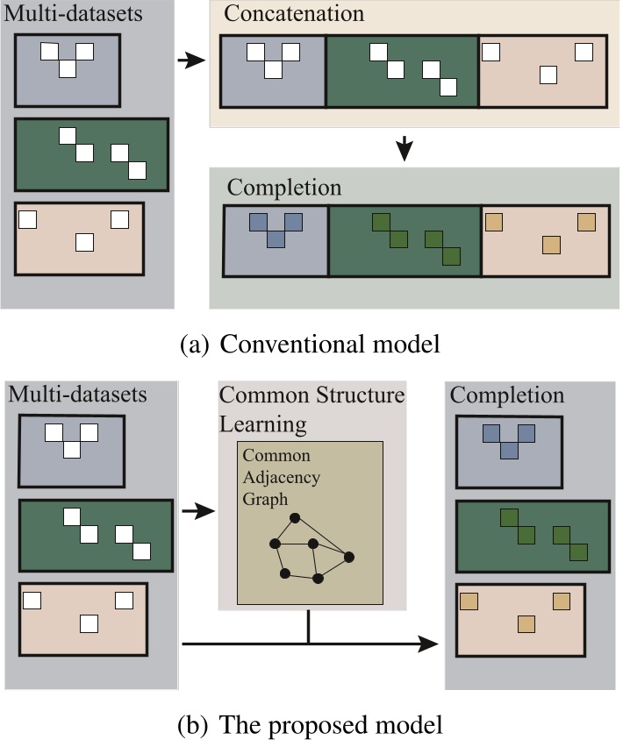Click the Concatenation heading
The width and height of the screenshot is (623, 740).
293,15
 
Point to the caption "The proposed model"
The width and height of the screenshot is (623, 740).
329,724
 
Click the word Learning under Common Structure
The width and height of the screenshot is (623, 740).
263,425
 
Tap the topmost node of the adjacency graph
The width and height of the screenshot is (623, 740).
296,517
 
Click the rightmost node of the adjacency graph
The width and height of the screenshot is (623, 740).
349,557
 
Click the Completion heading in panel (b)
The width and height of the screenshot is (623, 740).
506,395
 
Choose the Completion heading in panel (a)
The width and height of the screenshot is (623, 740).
284,187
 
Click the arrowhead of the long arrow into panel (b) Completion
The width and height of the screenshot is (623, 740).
430,644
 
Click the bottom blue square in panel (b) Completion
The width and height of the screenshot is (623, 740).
508,450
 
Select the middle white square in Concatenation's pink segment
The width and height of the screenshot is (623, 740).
548,75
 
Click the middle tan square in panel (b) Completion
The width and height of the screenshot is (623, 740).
526,623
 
